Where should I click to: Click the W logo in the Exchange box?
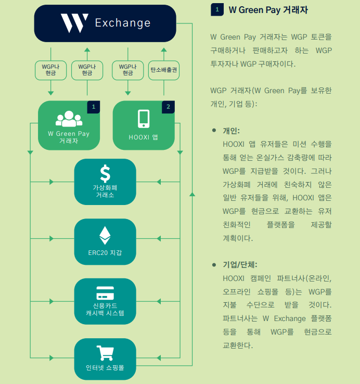click(x=74, y=23)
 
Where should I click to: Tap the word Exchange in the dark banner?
click(x=123, y=23)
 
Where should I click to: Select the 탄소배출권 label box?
click(x=164, y=70)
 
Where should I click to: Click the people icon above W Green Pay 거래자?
click(x=69, y=119)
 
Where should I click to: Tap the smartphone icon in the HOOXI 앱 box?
click(x=144, y=119)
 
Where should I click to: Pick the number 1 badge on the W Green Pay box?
click(x=94, y=107)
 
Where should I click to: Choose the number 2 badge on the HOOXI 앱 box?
click(x=168, y=107)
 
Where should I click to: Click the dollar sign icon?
click(x=105, y=174)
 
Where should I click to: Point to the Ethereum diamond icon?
click(x=105, y=235)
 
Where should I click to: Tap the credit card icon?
click(x=105, y=293)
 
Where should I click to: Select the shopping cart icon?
click(x=105, y=353)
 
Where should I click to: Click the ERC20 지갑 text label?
click(x=105, y=253)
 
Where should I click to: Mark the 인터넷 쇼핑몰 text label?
click(x=105, y=367)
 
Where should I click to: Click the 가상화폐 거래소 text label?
click(x=105, y=191)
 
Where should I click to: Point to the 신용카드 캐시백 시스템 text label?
click(x=105, y=309)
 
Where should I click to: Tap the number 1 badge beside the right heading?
click(x=217, y=10)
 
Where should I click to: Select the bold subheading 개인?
click(x=231, y=131)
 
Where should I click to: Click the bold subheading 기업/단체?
click(x=240, y=265)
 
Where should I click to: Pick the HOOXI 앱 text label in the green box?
click(x=143, y=137)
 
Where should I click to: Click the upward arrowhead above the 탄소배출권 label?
click(x=164, y=50)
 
